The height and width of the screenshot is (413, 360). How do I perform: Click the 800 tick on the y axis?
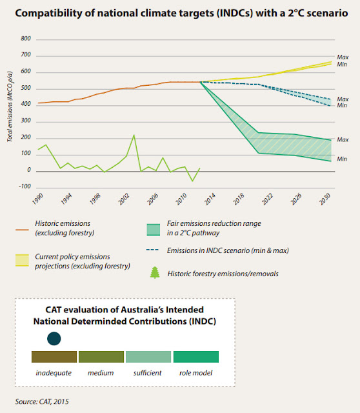tap(26, 39)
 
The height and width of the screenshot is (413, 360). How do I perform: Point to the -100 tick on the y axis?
tap(25, 186)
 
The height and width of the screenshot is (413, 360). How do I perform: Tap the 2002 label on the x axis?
tap(124, 199)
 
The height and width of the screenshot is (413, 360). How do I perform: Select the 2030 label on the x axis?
tap(325, 199)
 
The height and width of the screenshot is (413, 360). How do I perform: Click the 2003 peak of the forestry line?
tap(134, 135)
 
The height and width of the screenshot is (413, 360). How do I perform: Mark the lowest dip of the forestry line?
tap(192, 181)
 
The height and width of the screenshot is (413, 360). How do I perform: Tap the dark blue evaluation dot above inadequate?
tap(54, 339)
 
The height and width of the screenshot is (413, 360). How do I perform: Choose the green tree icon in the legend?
tap(155, 272)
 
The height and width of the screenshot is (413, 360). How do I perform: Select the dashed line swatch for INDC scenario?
tap(152, 250)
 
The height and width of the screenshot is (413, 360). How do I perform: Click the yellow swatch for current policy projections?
tap(22, 260)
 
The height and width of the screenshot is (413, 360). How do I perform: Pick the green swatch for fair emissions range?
tap(154, 230)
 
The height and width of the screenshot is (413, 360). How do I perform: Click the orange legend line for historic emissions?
tap(22, 230)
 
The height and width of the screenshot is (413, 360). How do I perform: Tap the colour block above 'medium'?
tap(101, 357)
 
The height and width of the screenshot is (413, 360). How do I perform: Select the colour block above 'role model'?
tap(196, 357)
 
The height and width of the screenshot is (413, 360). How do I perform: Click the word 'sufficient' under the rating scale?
tap(148, 373)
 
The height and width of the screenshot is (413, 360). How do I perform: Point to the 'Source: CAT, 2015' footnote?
tap(42, 401)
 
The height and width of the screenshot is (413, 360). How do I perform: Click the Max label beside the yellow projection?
tap(343, 57)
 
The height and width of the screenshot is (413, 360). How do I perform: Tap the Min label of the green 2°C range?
tap(342, 159)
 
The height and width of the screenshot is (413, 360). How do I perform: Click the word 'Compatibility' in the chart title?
tap(48, 13)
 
